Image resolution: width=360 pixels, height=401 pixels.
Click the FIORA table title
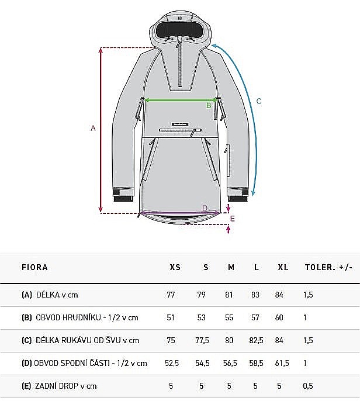tap(34, 267)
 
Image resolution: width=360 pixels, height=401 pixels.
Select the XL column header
tap(283, 267)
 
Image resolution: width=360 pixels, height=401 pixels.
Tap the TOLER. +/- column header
tap(328, 267)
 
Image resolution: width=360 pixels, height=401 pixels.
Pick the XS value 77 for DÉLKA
tap(171, 295)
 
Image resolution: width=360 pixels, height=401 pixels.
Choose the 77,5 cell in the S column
tap(202, 340)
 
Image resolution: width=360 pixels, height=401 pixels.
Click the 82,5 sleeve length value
tap(256, 340)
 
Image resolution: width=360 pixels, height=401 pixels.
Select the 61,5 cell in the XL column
tap(282, 363)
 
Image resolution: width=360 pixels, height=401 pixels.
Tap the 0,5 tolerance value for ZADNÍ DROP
tap(308, 386)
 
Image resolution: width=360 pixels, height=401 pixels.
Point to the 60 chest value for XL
tap(279, 317)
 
